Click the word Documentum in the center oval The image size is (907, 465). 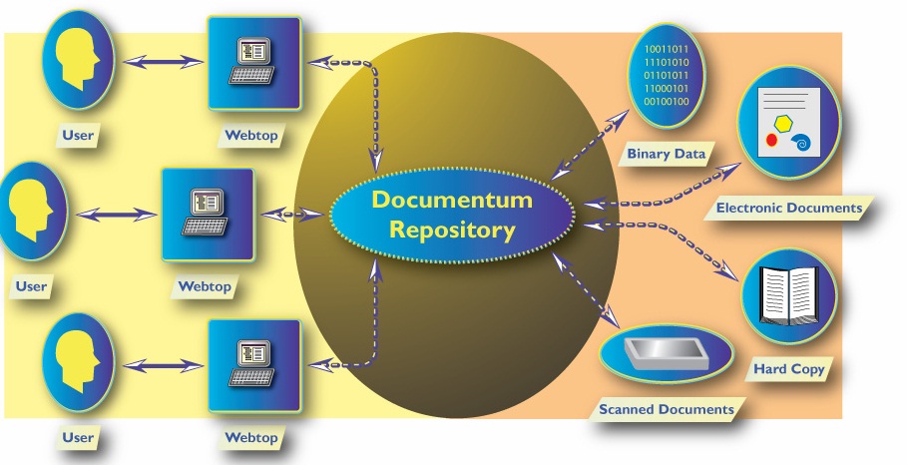pyautogui.click(x=452, y=199)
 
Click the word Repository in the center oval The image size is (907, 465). pyautogui.click(x=452, y=231)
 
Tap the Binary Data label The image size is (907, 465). pyautogui.click(x=667, y=154)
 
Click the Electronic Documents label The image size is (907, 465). pyautogui.click(x=789, y=209)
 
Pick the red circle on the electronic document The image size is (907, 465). pyautogui.click(x=771, y=141)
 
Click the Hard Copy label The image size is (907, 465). pyautogui.click(x=788, y=369)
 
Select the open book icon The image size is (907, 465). pyautogui.click(x=788, y=297)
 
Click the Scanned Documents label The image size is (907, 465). pyautogui.click(x=666, y=409)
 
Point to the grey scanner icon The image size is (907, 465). pyautogui.click(x=660, y=354)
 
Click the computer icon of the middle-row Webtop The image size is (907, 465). pyautogui.click(x=208, y=212)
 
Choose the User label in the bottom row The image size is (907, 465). pyautogui.click(x=77, y=437)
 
